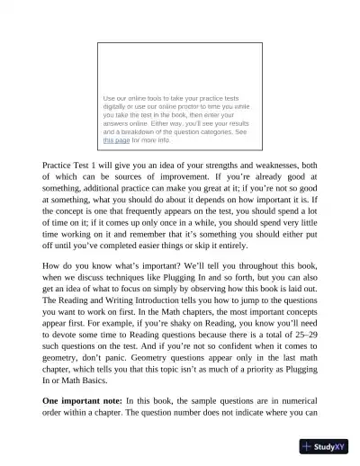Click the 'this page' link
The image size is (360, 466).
[116, 140]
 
